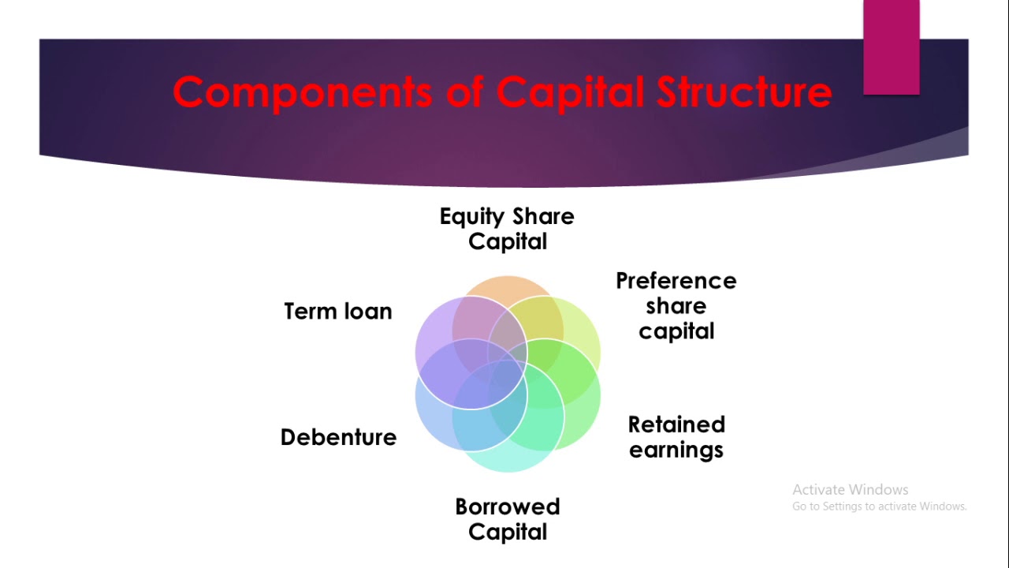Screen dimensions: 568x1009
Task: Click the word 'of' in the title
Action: [464, 93]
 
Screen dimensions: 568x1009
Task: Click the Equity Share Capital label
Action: [507, 229]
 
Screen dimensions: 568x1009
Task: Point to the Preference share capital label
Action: [676, 306]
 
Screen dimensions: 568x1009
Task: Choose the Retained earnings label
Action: [676, 437]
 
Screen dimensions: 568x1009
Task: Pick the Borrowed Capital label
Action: [507, 519]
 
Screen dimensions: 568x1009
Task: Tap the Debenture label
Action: [338, 437]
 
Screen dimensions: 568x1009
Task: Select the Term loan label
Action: [337, 312]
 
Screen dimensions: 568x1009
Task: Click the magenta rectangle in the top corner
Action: [891, 47]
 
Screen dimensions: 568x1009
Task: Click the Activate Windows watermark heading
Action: [850, 490]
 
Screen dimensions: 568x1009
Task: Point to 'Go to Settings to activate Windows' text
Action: [879, 506]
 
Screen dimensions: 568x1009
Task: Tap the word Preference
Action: [676, 281]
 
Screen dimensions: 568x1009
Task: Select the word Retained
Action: [676, 424]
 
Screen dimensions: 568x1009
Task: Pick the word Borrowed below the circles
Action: [507, 506]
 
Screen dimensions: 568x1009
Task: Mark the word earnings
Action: [676, 450]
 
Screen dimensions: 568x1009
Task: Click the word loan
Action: [365, 312]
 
